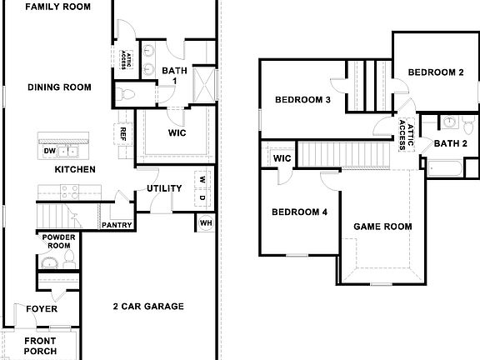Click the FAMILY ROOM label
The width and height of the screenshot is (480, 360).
[58, 7]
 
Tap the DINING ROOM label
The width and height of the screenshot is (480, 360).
[59, 87]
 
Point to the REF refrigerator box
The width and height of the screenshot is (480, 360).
[122, 133]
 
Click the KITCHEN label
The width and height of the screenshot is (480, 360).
[75, 170]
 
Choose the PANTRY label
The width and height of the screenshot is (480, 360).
[113, 225]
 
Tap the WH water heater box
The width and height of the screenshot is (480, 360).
[205, 223]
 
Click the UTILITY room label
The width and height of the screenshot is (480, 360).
[164, 188]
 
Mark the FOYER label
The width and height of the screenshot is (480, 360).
[42, 309]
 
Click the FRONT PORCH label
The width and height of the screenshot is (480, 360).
[40, 346]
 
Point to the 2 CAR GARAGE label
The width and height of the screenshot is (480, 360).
[148, 307]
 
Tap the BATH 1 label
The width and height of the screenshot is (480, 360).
[174, 76]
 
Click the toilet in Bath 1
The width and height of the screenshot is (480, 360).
[123, 93]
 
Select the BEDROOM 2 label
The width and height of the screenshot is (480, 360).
[436, 72]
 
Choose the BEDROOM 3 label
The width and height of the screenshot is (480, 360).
[303, 101]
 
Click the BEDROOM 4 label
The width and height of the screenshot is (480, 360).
[299, 212]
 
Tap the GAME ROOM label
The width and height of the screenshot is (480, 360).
[383, 227]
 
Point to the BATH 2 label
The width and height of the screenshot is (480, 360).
[450, 144]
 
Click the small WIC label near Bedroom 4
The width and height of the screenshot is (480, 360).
[282, 158]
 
